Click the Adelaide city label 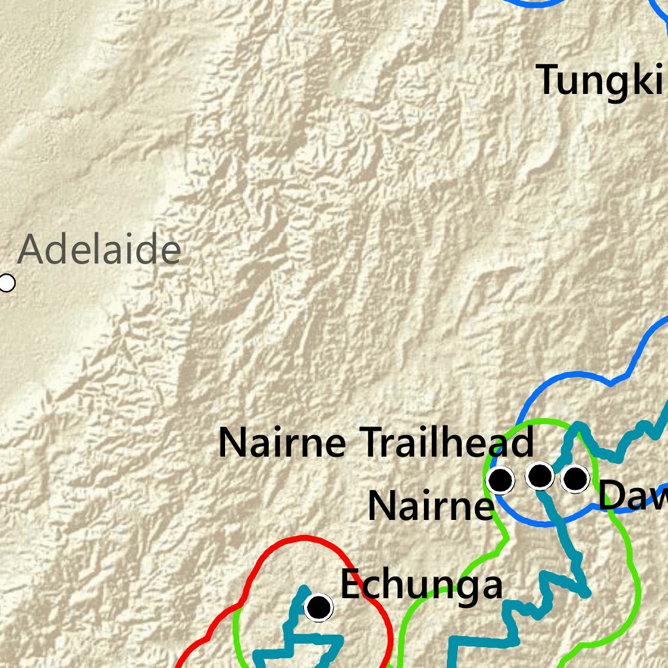point(99,250)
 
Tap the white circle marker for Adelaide point(7,283)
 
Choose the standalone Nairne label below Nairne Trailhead point(429,506)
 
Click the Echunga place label point(421,584)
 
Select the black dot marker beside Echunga point(319,607)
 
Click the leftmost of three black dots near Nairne point(500,480)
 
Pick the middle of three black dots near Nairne point(539,476)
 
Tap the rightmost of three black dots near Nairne point(575,478)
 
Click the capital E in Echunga point(350,584)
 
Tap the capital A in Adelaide point(31,250)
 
